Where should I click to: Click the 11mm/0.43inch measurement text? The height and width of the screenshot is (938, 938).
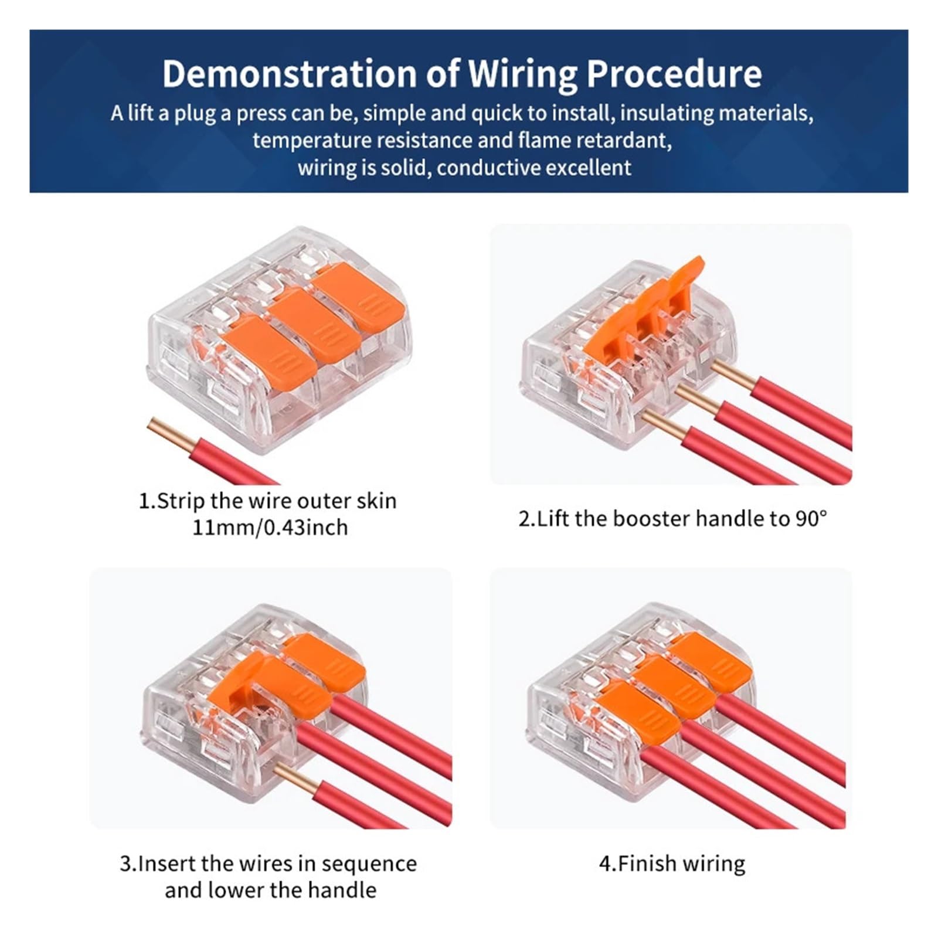click(x=270, y=528)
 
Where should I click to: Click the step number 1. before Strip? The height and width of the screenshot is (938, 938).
click(x=147, y=501)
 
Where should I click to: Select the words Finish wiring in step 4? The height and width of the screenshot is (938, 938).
click(x=681, y=864)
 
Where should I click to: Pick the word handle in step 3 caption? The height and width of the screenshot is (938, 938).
click(x=342, y=890)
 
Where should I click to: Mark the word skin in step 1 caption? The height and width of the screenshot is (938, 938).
click(x=376, y=501)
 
